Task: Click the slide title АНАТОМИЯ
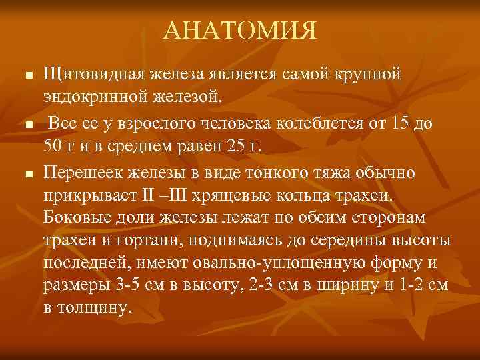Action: coord(240,30)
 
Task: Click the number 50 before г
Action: coord(54,147)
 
